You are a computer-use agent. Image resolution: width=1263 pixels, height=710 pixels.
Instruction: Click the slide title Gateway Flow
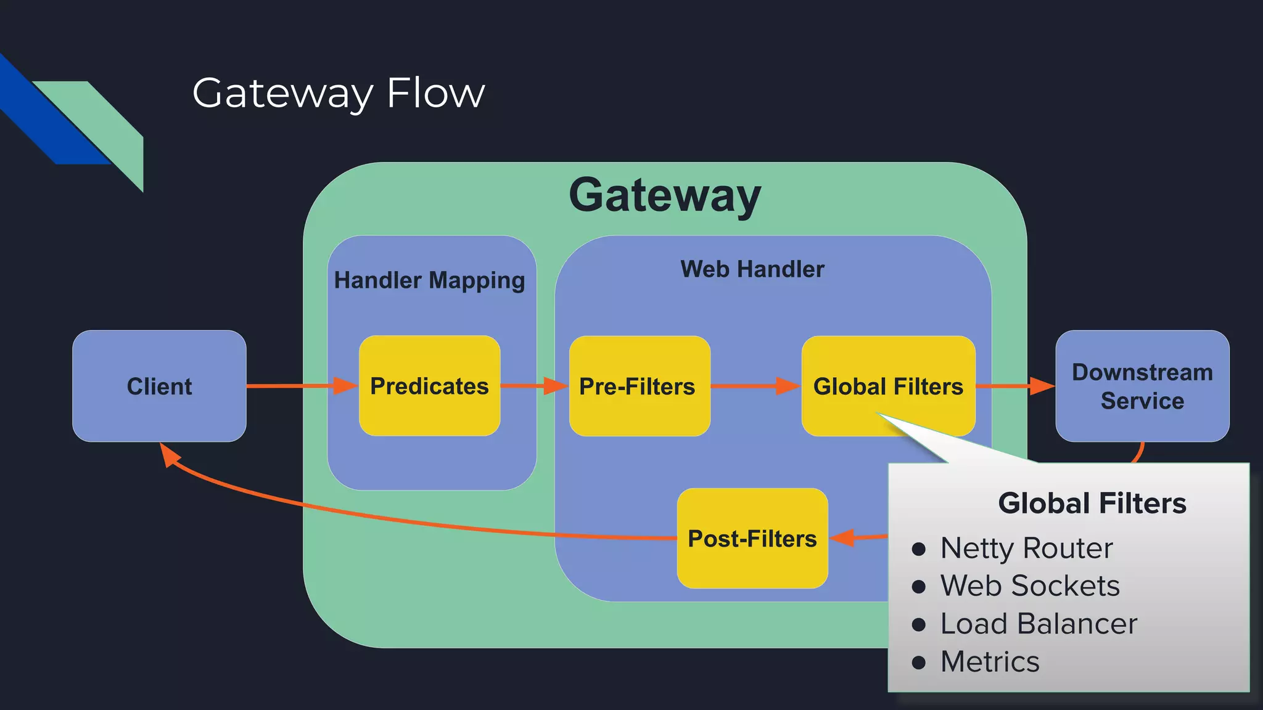(338, 93)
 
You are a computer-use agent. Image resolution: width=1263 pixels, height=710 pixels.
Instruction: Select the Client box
(159, 386)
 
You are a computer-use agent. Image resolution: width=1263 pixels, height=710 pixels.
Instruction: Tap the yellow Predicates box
(429, 386)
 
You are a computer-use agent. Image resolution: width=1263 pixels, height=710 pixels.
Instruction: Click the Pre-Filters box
(639, 386)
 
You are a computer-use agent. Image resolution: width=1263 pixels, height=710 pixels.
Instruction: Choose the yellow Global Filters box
(888, 386)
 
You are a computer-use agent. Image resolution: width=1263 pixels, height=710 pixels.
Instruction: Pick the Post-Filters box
(752, 539)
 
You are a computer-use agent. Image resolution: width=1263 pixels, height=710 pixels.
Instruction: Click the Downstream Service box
(1142, 386)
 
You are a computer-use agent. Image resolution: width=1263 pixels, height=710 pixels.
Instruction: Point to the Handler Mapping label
(429, 280)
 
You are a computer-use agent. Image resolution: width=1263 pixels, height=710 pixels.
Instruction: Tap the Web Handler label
(752, 269)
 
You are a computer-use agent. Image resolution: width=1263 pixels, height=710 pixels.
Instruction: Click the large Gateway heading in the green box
(665, 195)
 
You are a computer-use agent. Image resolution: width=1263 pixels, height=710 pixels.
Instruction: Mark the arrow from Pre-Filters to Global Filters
(755, 386)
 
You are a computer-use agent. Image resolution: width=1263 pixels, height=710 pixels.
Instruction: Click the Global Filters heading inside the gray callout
(1092, 504)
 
